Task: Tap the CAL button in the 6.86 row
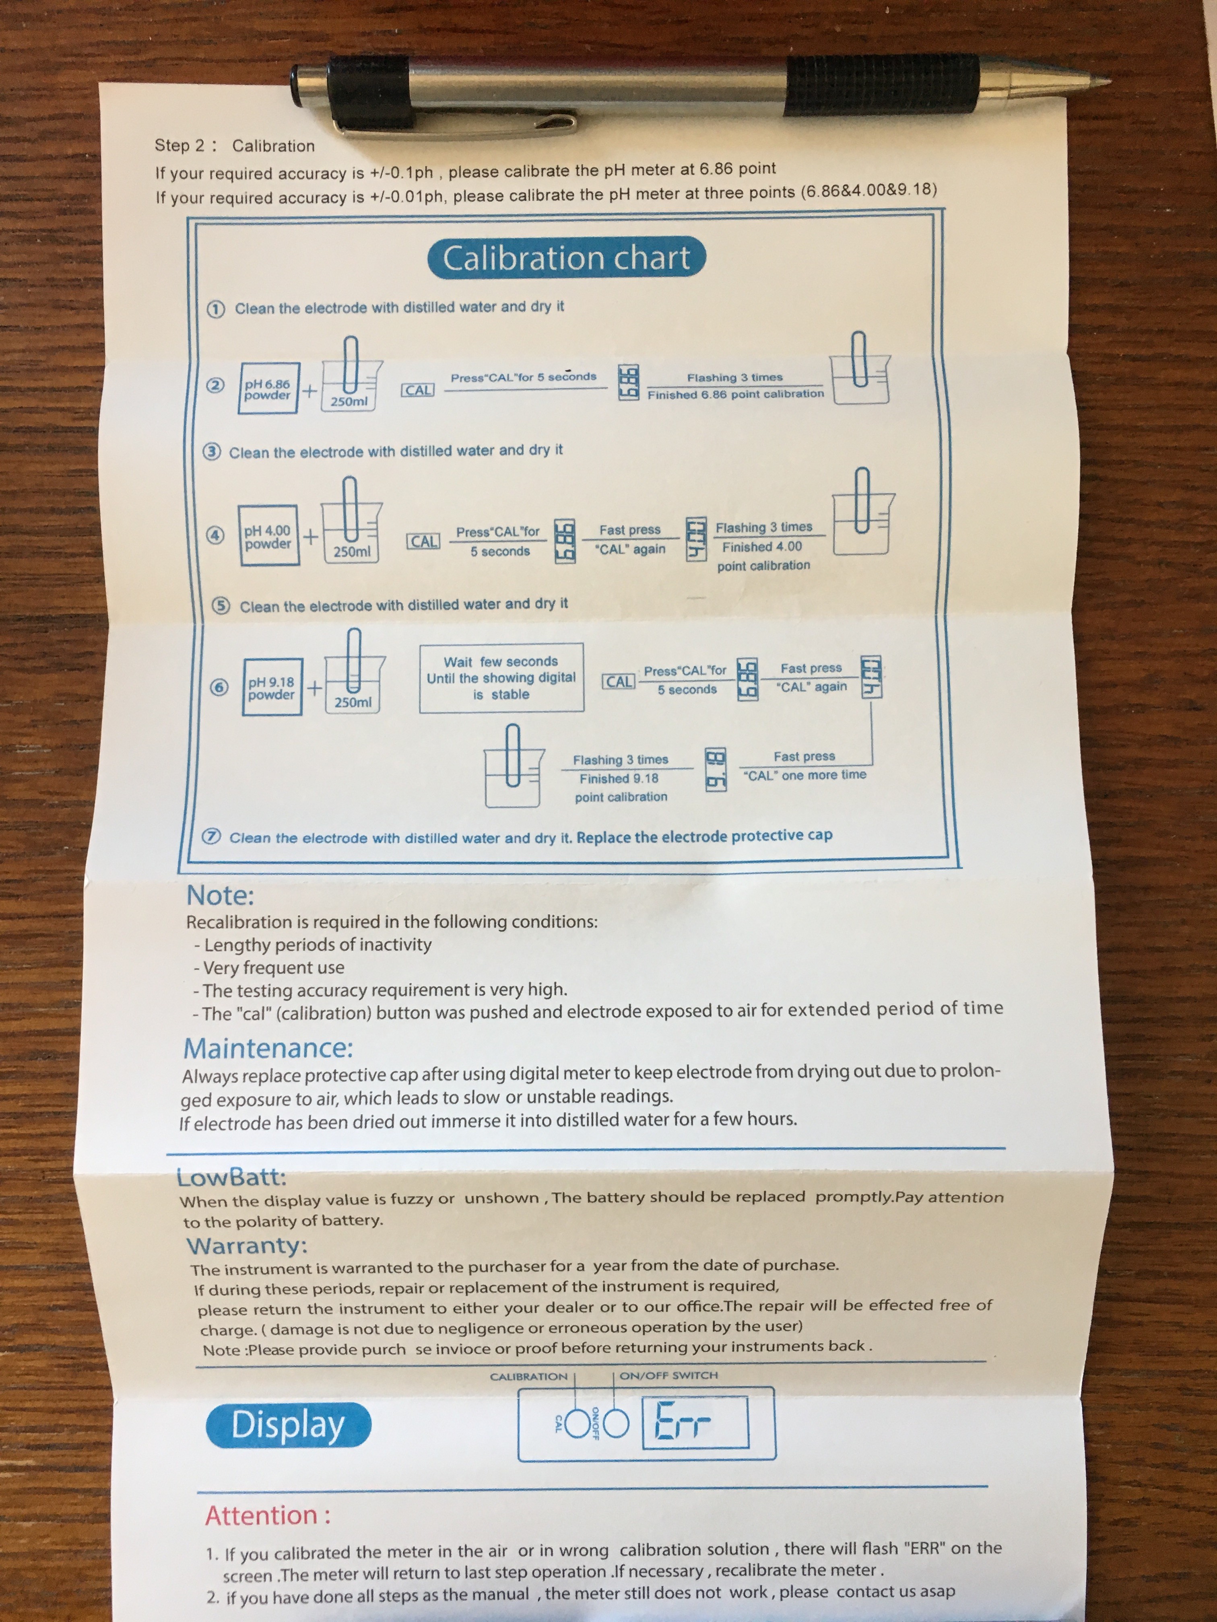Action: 418,390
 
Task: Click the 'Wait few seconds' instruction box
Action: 501,677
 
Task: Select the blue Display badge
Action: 288,1425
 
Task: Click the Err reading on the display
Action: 682,1421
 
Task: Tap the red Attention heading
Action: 268,1515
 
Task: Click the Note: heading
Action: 220,895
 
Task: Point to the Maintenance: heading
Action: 268,1048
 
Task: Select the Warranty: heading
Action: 246,1246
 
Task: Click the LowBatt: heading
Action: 231,1177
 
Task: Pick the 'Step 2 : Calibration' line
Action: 235,145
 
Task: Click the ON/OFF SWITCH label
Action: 668,1376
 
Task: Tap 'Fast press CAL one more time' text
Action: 805,766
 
